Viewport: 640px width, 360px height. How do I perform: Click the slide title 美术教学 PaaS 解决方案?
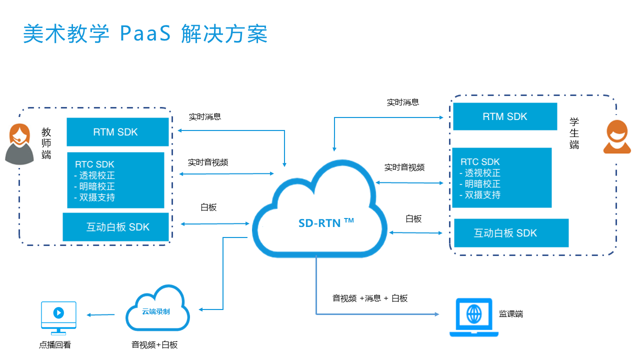point(145,34)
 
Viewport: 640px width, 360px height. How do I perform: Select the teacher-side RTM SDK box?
point(118,132)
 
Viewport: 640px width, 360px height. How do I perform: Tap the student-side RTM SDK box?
point(504,116)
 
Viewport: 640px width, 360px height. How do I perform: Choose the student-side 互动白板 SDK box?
point(510,233)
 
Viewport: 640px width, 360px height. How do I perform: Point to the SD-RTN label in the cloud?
point(326,223)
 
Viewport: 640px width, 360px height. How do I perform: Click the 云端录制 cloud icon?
point(157,310)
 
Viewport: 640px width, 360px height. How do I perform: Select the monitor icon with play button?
point(58,317)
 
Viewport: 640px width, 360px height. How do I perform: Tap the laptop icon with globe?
point(473,317)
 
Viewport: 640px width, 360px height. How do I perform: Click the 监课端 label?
point(511,314)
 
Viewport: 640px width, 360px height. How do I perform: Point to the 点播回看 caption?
point(55,344)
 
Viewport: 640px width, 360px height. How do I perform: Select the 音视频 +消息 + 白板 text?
point(370,298)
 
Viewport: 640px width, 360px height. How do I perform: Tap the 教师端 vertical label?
point(46,143)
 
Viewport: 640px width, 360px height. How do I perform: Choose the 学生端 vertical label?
point(574,133)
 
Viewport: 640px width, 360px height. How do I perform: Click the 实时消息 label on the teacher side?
point(205,117)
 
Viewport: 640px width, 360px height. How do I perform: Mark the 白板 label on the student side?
point(413,218)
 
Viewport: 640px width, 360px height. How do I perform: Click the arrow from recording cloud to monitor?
point(101,315)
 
